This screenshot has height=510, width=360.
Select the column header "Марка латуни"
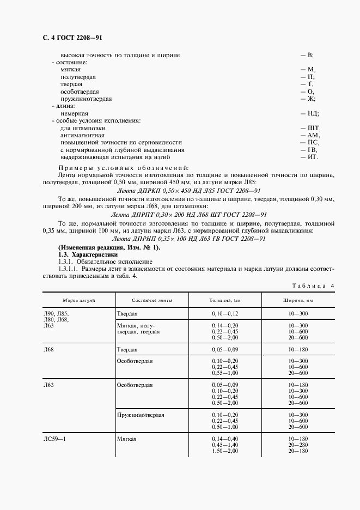(x=79, y=300)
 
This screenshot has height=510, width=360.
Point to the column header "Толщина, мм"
(x=225, y=300)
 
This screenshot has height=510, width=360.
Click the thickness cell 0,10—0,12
(x=225, y=314)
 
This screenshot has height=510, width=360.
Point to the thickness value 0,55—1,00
(x=225, y=372)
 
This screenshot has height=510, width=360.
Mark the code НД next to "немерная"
(x=313, y=113)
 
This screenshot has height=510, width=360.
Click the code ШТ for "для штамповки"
(x=313, y=127)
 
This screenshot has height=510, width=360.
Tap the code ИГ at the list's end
(x=312, y=157)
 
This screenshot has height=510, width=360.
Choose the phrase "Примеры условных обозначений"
(x=123, y=167)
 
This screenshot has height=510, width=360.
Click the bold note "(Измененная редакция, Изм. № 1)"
(x=109, y=248)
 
